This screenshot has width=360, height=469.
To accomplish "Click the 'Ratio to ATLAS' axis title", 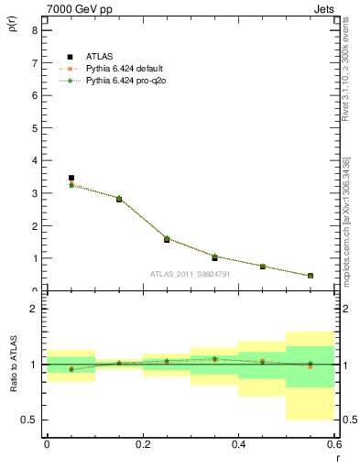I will pyautogui.click(x=13, y=365).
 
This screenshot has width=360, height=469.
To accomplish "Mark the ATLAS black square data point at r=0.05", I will pyautogui.click(x=71, y=178).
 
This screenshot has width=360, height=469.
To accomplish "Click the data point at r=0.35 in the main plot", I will pyautogui.click(x=214, y=257).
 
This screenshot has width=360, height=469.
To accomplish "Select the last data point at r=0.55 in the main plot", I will pyautogui.click(x=311, y=275).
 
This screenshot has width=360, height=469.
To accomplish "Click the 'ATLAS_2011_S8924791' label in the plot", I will pyautogui.click(x=191, y=273).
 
